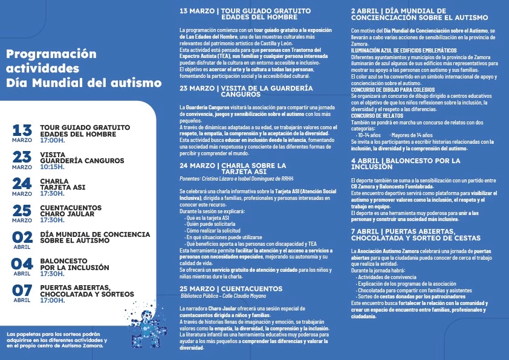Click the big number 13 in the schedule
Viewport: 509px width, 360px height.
pos(22,129)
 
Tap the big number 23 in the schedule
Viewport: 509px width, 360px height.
pos(22,156)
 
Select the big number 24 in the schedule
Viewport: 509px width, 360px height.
pos(22,183)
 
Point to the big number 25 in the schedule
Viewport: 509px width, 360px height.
pos(22,210)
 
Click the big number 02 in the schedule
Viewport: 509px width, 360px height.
pos(22,236)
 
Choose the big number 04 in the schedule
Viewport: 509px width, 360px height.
pos(22,263)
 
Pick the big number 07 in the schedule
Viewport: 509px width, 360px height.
pos(22,289)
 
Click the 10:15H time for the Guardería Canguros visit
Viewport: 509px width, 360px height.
pos(52,167)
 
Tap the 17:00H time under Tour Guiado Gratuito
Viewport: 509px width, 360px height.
pos(52,140)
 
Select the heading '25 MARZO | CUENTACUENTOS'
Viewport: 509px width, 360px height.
pos(231,288)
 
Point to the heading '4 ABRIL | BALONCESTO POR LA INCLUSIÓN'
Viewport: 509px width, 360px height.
pos(406,163)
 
